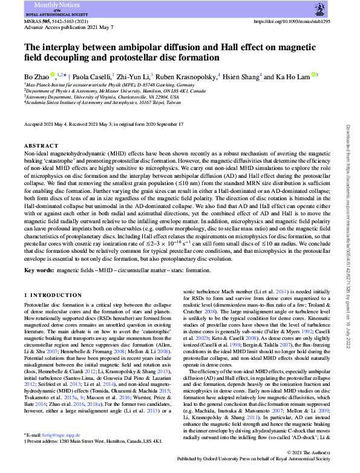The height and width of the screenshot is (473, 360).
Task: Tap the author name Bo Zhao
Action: [x=36, y=77]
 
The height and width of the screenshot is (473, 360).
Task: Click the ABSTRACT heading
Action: [x=38, y=146]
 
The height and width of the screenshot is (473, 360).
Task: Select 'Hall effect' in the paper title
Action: [x=242, y=47]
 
